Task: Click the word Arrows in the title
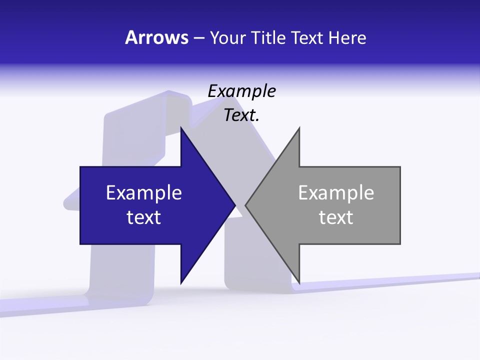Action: click(156, 37)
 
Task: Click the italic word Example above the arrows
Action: click(241, 91)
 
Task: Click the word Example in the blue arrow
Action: click(144, 192)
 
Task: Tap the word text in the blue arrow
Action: click(144, 217)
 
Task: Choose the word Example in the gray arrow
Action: click(336, 192)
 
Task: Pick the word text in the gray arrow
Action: click(336, 217)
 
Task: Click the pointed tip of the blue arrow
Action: click(234, 205)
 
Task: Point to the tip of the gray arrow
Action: click(246, 205)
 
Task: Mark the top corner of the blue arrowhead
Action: click(181, 128)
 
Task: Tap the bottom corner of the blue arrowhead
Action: click(181, 282)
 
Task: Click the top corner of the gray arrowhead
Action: click(299, 128)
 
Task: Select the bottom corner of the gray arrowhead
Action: click(299, 282)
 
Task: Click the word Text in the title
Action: click(306, 37)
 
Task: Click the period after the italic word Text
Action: click(257, 120)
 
